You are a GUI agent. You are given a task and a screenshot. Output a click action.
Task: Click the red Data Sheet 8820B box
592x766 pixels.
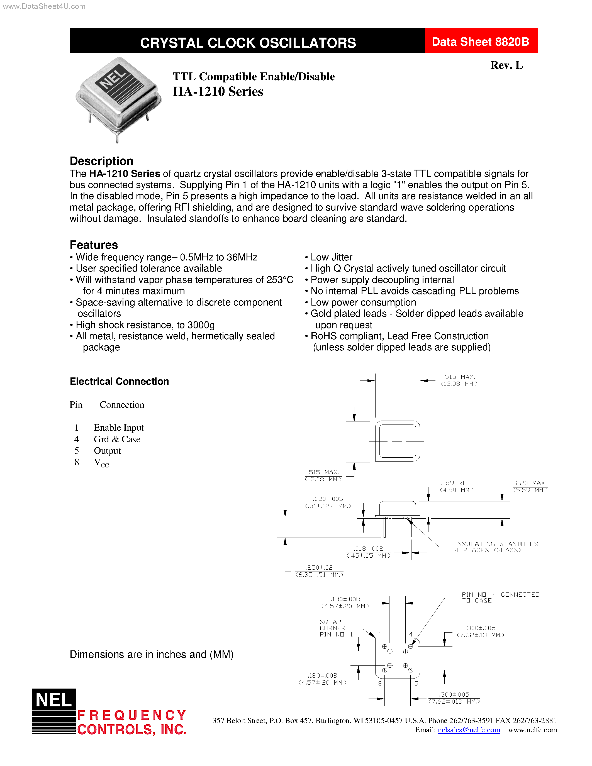[x=481, y=42]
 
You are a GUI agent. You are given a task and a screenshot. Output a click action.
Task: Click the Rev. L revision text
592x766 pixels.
[x=506, y=65]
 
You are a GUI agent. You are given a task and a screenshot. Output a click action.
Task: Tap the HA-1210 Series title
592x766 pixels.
[x=218, y=92]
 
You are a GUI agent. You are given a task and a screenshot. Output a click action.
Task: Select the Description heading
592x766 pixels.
[x=101, y=161]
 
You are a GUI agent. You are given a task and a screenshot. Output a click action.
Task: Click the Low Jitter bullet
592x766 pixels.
[x=331, y=257]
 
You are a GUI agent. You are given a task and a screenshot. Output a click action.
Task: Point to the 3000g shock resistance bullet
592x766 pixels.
[x=145, y=325]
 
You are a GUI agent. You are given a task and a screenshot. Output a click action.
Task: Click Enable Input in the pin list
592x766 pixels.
[x=119, y=428]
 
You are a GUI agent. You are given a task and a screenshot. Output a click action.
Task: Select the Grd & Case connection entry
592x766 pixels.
[x=117, y=439]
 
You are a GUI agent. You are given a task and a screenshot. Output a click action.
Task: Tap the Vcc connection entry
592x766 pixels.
[x=101, y=463]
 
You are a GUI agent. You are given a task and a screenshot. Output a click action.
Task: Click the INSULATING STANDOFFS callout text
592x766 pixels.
[x=496, y=547]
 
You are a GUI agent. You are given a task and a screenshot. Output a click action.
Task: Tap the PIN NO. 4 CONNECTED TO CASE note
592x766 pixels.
[x=500, y=597]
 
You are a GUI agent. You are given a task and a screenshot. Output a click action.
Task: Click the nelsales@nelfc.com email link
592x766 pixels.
[x=469, y=730]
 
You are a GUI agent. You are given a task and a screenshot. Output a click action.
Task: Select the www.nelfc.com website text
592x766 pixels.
[x=532, y=730]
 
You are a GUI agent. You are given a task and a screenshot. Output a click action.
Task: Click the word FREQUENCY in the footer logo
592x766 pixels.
[x=132, y=715]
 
